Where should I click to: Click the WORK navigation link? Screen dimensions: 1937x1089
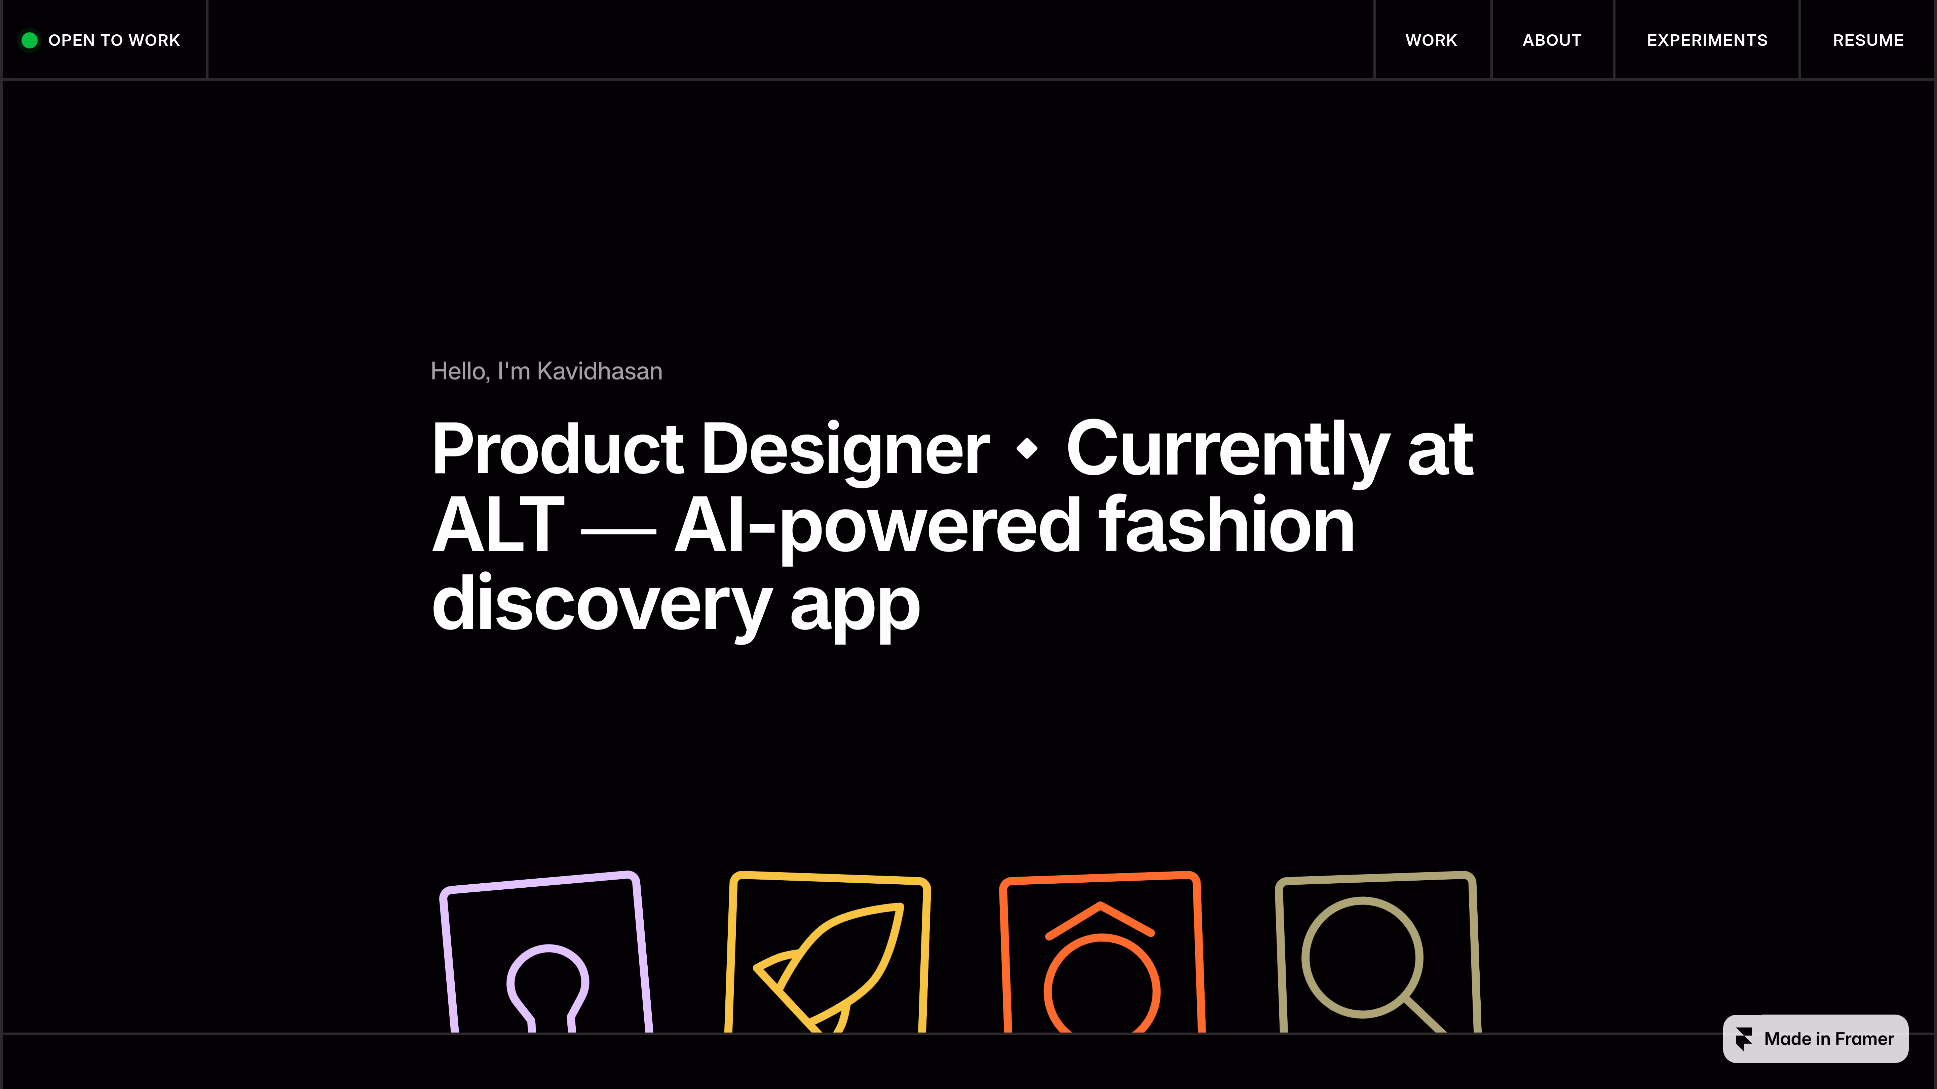point(1431,40)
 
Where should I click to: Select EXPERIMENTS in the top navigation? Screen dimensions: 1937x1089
point(1707,40)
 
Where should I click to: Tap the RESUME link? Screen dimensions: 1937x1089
point(1868,40)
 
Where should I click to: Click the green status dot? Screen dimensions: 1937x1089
point(29,40)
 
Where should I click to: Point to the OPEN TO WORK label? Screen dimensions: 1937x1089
point(114,40)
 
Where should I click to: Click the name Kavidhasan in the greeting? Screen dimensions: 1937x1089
point(599,371)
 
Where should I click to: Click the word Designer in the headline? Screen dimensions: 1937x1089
point(846,449)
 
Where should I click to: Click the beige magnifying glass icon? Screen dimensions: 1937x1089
point(1363,957)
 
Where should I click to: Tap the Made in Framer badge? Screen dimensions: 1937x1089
point(1815,1039)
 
